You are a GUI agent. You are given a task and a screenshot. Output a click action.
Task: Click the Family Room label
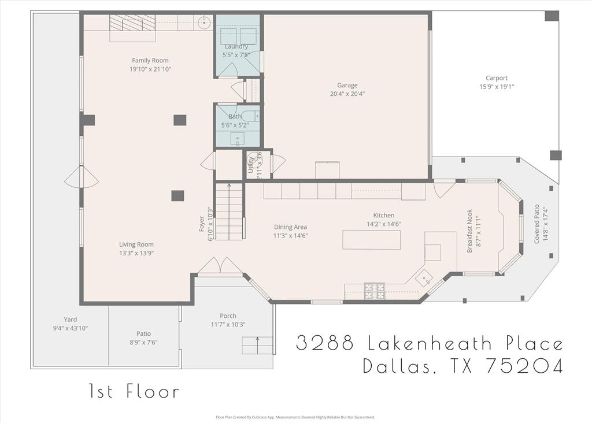(150, 60)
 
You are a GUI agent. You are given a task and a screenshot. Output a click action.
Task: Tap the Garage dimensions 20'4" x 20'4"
(347, 94)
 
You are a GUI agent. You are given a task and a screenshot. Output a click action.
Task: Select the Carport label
(497, 78)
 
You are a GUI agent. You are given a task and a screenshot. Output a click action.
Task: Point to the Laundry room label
(236, 46)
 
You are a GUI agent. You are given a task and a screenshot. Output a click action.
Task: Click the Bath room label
(235, 117)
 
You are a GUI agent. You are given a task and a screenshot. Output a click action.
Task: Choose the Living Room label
(136, 244)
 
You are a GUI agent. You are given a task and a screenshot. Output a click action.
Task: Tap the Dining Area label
(290, 227)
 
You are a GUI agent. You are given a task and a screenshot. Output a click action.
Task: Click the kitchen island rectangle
(371, 239)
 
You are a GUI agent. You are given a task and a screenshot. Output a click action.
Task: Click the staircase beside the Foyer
(229, 210)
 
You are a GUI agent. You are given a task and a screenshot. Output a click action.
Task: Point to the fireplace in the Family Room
(133, 27)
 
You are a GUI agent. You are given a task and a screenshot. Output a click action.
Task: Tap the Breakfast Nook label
(469, 230)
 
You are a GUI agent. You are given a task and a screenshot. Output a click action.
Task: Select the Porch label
(228, 316)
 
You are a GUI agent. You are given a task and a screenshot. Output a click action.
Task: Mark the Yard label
(70, 319)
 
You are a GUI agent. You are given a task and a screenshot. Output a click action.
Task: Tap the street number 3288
(325, 343)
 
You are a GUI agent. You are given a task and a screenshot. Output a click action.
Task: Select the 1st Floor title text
(134, 392)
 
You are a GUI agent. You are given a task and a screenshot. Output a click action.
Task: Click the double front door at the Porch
(220, 267)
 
